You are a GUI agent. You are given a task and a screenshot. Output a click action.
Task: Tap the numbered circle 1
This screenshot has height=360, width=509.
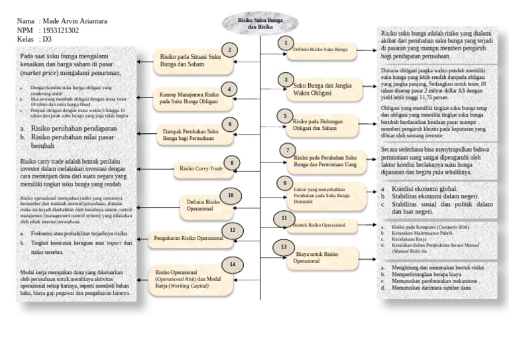pos(286,43)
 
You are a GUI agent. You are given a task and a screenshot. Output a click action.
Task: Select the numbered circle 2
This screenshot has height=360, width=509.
pos(230,50)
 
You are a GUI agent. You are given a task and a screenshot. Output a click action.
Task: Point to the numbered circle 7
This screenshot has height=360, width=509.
pos(288,150)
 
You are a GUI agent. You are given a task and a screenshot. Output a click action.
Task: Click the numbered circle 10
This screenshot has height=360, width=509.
pos(231,195)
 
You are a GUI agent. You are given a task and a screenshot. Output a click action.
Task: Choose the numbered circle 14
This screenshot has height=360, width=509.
pos(233,264)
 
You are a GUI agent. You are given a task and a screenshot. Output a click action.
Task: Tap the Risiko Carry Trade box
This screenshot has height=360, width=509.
pos(201,169)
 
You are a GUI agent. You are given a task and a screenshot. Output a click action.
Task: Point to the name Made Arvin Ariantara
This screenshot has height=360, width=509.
pos(73,22)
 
